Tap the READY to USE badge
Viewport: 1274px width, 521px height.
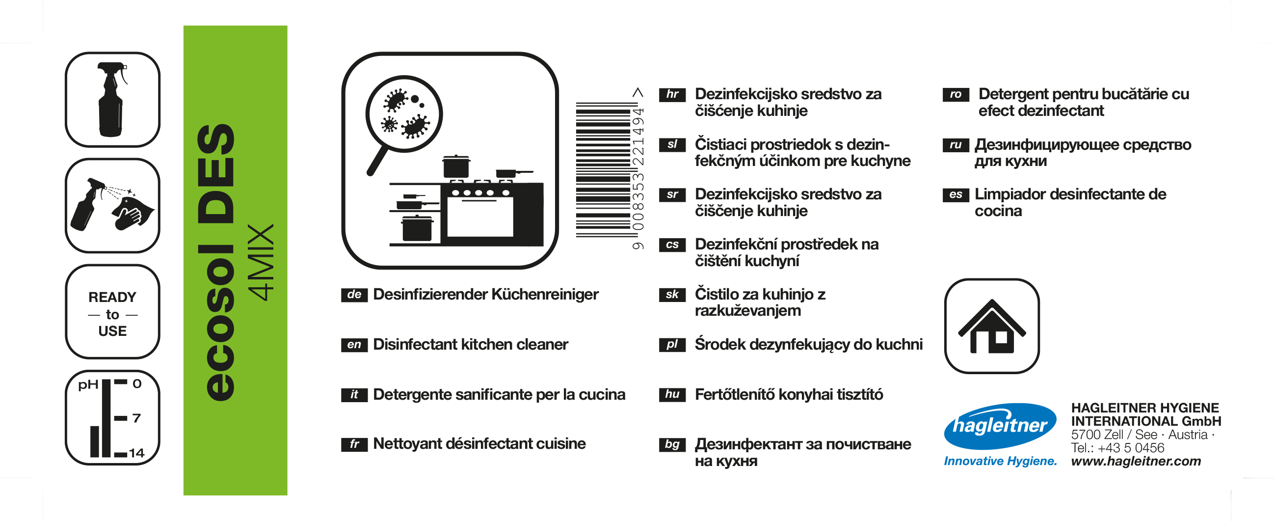pos(113,312)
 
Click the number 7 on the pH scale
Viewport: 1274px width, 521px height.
pos(136,418)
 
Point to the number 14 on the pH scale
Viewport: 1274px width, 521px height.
pos(136,453)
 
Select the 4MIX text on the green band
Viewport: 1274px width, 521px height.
pos(261,262)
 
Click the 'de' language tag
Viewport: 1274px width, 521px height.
pos(354,295)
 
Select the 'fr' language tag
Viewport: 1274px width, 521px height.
pos(354,444)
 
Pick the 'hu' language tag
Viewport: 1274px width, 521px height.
pos(672,394)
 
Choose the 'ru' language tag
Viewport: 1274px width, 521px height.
pos(955,144)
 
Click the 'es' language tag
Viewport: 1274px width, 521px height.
pos(955,194)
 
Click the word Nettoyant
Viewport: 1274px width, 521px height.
pos(406,444)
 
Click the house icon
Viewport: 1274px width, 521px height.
pos(992,326)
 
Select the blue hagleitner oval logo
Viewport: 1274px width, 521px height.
pos(1000,426)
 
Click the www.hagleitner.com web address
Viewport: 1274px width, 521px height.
pos(1136,461)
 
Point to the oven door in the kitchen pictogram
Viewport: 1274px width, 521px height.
pos(480,216)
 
